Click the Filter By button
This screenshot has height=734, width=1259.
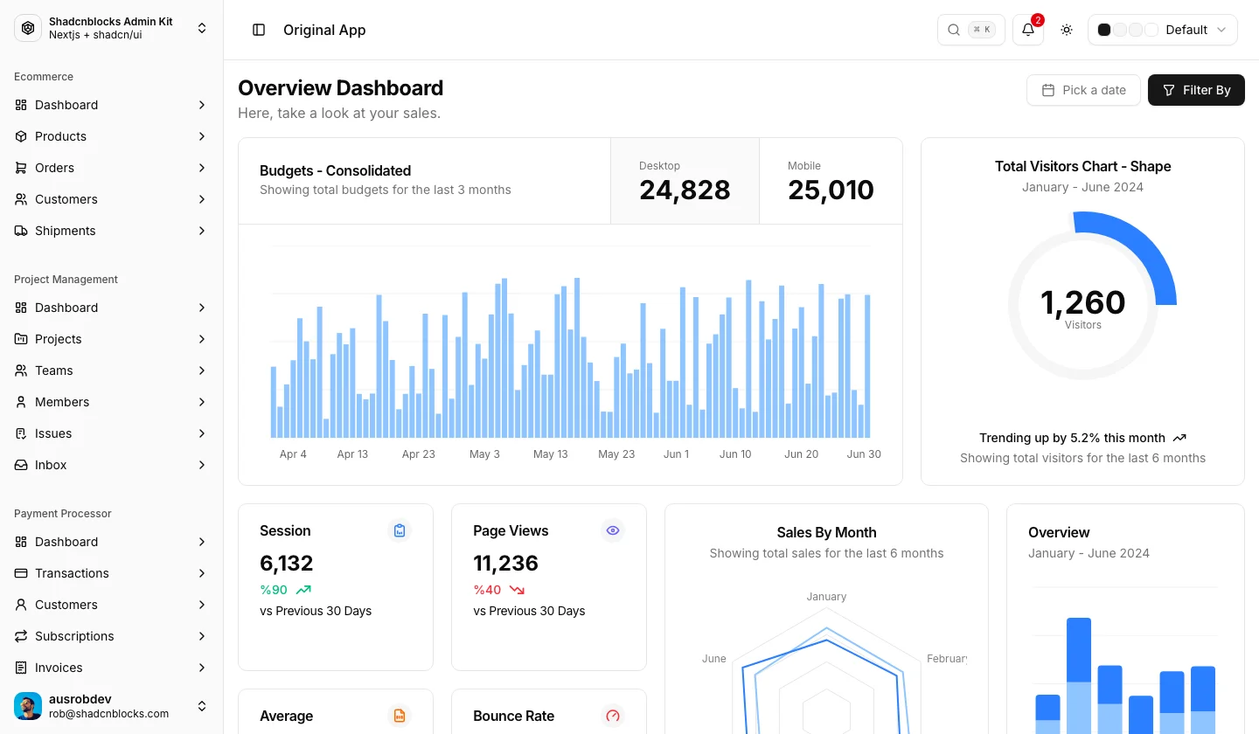(x=1196, y=90)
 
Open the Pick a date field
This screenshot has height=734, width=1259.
(x=1083, y=90)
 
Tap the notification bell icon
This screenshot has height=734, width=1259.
(x=1028, y=30)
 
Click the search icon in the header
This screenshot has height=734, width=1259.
(x=954, y=30)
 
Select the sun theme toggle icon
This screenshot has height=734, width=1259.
(x=1067, y=30)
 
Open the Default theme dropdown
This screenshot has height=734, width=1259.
(x=1162, y=30)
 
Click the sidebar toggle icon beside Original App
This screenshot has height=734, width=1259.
(x=259, y=30)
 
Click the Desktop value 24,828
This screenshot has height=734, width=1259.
(x=685, y=190)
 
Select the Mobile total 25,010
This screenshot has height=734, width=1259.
(x=831, y=190)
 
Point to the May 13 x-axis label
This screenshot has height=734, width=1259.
(x=550, y=454)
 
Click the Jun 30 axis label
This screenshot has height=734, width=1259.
(x=864, y=454)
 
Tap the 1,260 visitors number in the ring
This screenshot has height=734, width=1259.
(x=1082, y=302)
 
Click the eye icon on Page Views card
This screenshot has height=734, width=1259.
(x=613, y=530)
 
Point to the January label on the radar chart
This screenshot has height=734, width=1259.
(x=826, y=597)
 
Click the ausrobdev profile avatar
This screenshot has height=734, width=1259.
(x=28, y=706)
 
